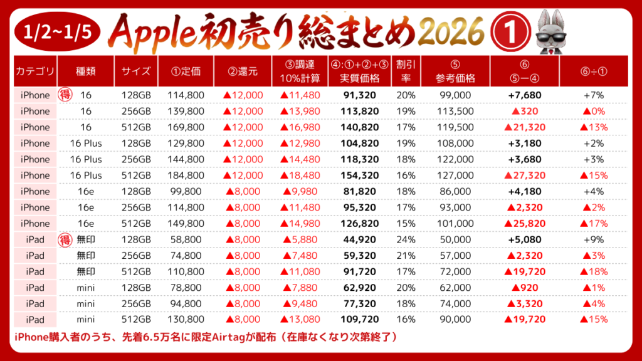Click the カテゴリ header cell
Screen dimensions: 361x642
pos(35,71)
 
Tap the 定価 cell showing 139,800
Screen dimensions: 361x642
pos(186,112)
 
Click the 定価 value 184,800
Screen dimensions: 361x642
pos(186,175)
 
